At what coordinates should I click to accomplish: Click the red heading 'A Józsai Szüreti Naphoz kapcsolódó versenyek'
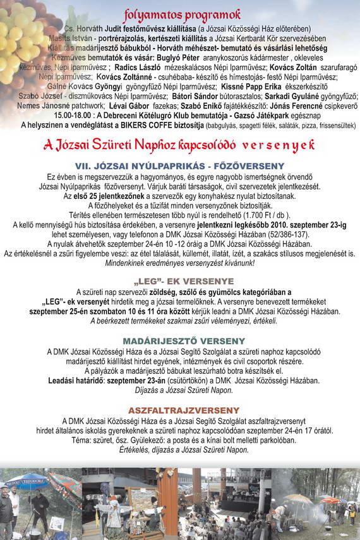pos(179,145)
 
